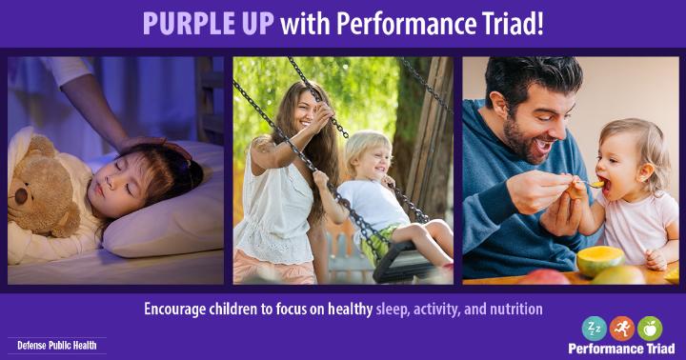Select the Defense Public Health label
(x=57, y=346)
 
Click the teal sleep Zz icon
(x=595, y=329)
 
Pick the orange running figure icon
(x=621, y=329)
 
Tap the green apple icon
(x=650, y=329)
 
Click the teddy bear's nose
(x=21, y=196)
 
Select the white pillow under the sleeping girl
(x=166, y=210)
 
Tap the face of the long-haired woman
(x=305, y=112)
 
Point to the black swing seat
(x=402, y=263)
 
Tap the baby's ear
(x=643, y=171)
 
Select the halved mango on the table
(x=600, y=260)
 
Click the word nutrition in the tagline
(x=516, y=310)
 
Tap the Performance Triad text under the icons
(x=621, y=349)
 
